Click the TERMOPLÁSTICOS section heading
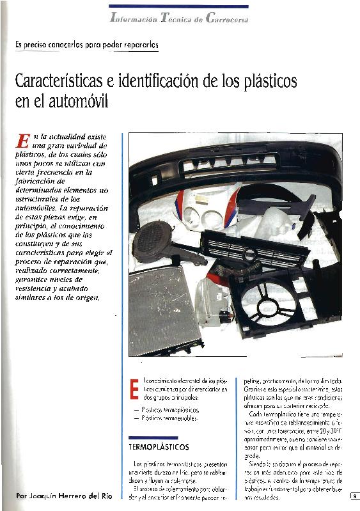[157, 443]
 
